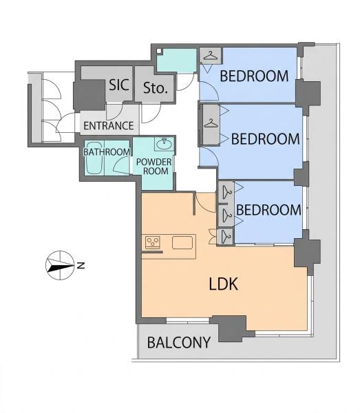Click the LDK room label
(x=223, y=284)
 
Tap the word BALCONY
(x=179, y=343)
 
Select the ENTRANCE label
(x=109, y=126)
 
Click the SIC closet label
(x=119, y=85)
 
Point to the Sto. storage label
(x=156, y=87)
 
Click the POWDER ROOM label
(x=154, y=167)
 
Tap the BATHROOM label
(x=107, y=152)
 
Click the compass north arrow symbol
(x=60, y=265)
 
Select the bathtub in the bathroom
(x=94, y=158)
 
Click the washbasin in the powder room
(x=165, y=144)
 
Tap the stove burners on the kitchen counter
(x=153, y=242)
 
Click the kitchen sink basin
(x=182, y=242)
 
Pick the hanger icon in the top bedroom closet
(x=211, y=56)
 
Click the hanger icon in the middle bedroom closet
(x=211, y=123)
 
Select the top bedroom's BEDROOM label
(x=254, y=76)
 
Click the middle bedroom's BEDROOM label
(x=266, y=139)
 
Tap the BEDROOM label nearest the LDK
(x=268, y=210)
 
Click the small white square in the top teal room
(x=159, y=52)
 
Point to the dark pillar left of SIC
(x=89, y=95)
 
